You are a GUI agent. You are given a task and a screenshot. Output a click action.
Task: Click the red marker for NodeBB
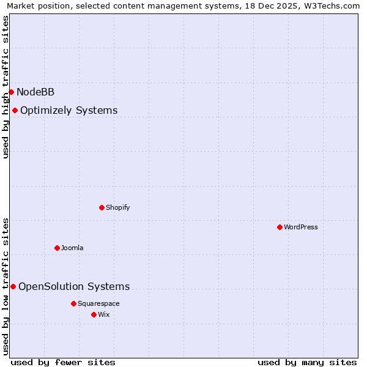coord(11,92)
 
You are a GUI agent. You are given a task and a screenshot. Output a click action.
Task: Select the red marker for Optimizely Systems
coord(15,110)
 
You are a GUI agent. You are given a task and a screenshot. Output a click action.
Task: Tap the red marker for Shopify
coord(102,207)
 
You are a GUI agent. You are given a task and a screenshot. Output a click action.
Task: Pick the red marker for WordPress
coord(280,227)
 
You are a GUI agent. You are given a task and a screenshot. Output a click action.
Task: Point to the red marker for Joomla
coord(57,248)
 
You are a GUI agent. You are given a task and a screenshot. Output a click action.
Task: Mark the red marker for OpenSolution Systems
coord(13,286)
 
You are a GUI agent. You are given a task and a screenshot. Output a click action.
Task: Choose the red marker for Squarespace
coord(73,303)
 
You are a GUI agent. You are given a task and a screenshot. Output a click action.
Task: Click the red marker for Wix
coord(94,314)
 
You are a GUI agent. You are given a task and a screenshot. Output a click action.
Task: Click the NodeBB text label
coord(35,92)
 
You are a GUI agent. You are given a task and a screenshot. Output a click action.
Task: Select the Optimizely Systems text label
coord(69,110)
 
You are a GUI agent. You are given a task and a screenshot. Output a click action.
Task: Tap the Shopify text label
coord(117,207)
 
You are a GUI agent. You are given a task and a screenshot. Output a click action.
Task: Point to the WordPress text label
coord(300,227)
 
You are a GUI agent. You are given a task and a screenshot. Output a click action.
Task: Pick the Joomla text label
coord(72,248)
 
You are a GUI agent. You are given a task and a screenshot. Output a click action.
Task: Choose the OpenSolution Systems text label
coord(74,286)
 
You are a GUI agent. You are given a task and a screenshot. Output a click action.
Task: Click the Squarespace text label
coord(98,303)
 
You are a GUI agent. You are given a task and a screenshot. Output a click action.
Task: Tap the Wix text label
coord(104,314)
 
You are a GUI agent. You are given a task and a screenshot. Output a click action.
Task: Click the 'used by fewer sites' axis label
coord(63,362)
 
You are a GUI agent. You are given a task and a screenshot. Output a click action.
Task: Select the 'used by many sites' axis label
coord(307,362)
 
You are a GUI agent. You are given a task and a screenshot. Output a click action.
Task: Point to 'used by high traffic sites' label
coord(6,87)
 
